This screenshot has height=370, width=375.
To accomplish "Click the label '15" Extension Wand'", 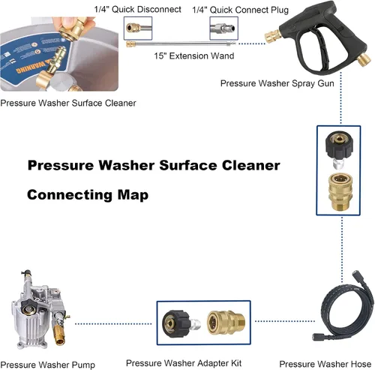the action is (194, 56).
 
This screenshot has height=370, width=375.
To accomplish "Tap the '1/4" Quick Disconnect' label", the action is (137, 10).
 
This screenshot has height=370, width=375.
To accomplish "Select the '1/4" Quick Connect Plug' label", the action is (241, 10).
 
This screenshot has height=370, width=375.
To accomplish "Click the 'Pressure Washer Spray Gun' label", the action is (277, 83).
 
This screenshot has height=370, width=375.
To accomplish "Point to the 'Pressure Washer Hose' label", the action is (325, 364).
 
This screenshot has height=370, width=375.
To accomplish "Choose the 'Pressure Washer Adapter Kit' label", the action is (184, 363).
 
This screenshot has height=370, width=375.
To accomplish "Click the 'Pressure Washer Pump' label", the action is (47, 365).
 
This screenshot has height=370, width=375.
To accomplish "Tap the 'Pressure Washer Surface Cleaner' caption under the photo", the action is (68, 103).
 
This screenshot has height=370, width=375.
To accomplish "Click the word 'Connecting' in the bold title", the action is (70, 195).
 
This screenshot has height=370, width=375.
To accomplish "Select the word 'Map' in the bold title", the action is (133, 195).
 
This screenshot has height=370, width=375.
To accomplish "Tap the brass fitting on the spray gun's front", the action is (273, 37).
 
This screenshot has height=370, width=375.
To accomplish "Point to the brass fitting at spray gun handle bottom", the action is (364, 59).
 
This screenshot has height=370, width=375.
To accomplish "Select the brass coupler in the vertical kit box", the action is (340, 192).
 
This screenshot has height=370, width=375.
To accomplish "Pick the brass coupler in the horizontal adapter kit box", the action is (226, 323).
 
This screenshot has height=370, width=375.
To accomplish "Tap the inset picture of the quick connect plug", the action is (223, 29).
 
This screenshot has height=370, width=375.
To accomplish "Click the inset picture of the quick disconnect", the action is (138, 29).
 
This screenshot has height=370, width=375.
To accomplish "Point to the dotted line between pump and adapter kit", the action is (113, 324).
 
